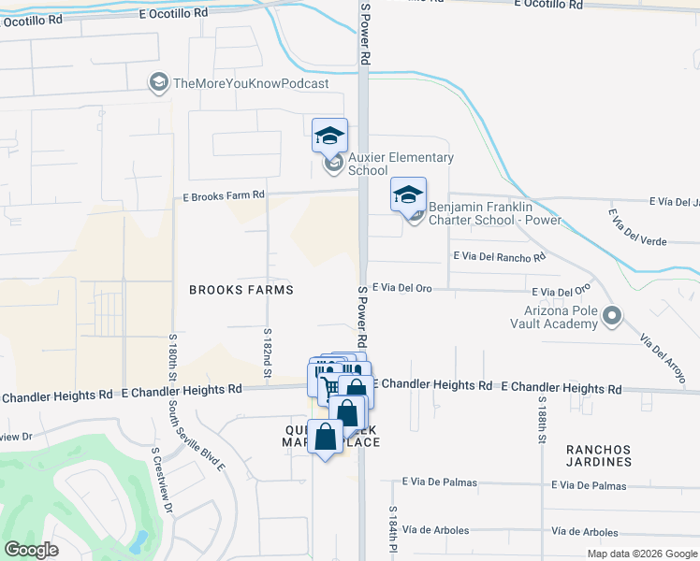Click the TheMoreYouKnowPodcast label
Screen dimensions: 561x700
pos(251,84)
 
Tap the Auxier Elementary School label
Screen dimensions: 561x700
pos(401,165)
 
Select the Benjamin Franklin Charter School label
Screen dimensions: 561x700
pos(494,213)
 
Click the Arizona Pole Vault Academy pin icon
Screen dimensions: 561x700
pos(612,316)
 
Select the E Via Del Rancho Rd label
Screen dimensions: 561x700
pos(498,256)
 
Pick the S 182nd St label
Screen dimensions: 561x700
pos(267,354)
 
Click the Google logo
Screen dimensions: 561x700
pos(30,550)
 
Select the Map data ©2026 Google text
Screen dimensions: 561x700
pos(641,554)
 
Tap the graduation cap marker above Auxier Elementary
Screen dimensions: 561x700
pos(329,137)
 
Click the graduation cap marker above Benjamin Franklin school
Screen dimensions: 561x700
pos(408,195)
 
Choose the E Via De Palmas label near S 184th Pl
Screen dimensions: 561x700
pos(439,482)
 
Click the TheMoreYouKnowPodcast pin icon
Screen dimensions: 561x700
pos(158,84)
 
